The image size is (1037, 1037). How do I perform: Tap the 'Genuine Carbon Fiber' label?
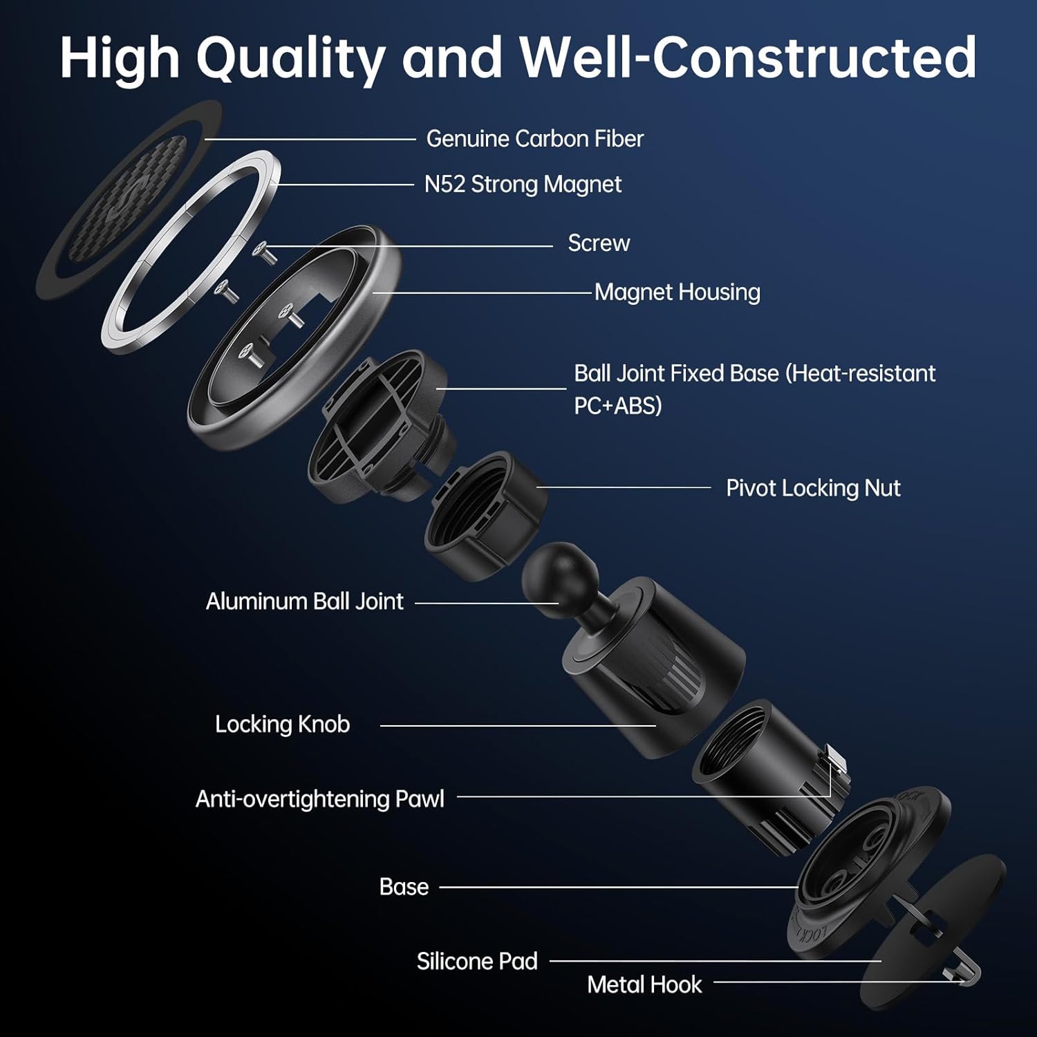534,139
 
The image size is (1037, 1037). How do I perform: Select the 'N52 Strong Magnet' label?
523,185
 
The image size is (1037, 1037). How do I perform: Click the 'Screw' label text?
599,243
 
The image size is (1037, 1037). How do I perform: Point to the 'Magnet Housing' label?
677,292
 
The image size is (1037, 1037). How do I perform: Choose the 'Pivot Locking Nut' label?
813,489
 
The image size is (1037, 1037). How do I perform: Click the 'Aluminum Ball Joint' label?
304,601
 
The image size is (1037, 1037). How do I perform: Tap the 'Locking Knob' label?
282,725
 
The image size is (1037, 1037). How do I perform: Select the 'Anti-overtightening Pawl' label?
319,799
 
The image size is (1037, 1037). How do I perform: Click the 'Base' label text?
404,887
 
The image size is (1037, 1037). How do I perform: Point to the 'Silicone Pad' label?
477,962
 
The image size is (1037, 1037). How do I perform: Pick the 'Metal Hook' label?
644,985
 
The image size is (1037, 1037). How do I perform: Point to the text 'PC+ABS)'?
618,406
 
